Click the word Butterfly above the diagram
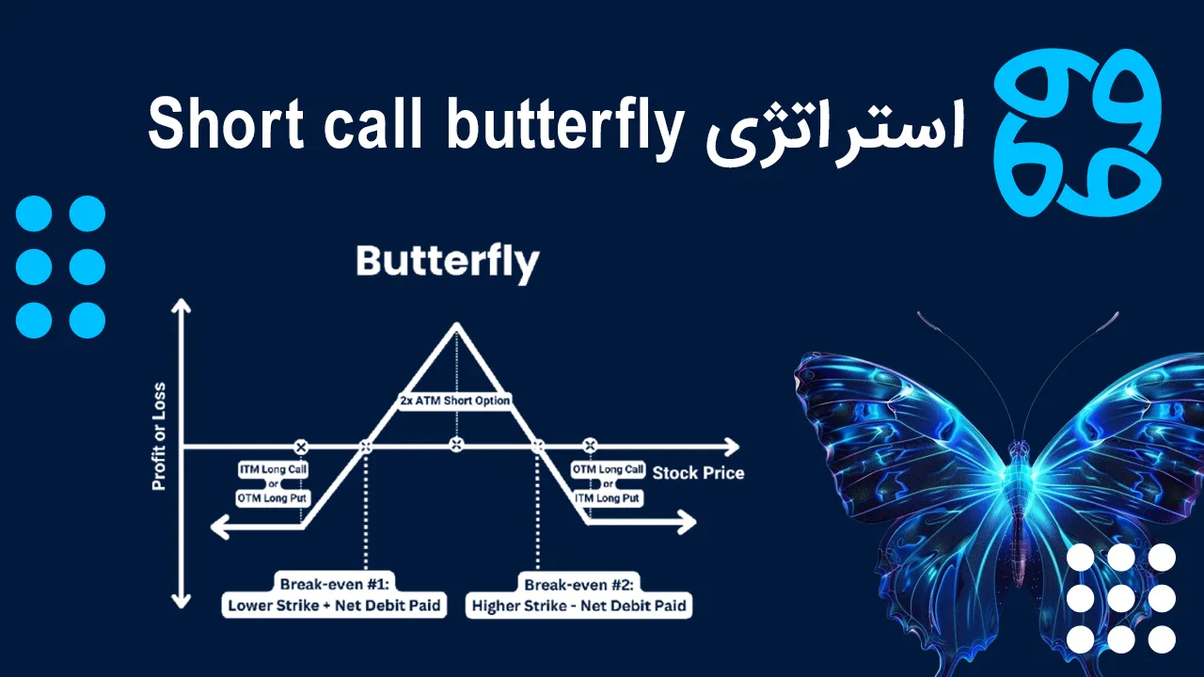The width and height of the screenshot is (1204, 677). (448, 261)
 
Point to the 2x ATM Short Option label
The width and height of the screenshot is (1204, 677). (455, 401)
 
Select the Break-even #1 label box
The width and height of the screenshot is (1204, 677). (334, 594)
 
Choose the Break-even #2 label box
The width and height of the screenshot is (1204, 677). (578, 594)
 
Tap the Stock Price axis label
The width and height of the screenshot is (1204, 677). (698, 473)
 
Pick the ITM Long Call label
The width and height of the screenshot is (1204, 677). (273, 469)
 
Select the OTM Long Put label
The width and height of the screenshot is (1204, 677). (273, 497)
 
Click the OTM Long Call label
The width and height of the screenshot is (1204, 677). (609, 469)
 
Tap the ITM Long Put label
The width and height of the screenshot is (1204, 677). (609, 497)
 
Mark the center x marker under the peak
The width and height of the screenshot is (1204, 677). (456, 445)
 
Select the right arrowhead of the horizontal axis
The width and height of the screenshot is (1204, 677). (731, 445)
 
